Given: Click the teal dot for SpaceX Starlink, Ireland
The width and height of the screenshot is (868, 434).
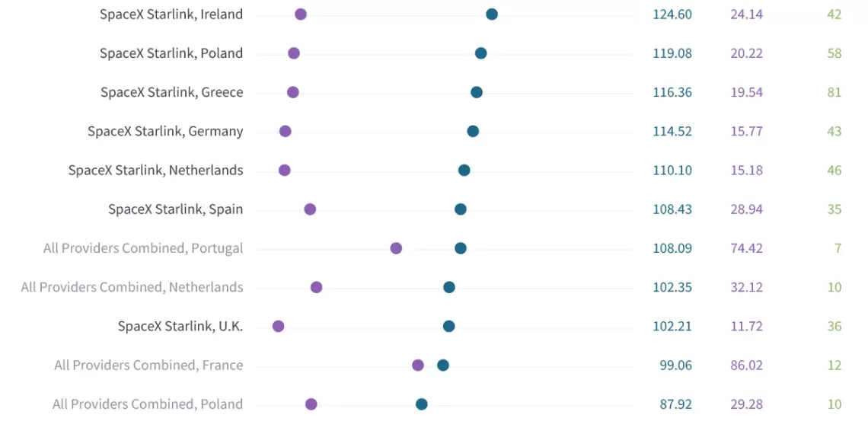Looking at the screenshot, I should pos(492,14).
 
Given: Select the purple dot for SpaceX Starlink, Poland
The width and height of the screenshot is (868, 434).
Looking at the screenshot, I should pos(294,53).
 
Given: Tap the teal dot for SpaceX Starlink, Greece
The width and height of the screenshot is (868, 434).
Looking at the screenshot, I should pos(477,92).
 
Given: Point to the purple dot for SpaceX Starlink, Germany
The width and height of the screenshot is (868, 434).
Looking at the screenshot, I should pos(286,131).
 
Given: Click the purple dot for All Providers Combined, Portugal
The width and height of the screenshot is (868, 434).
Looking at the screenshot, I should pos(396,248).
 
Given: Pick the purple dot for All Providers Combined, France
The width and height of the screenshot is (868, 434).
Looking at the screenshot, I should pos(418,365).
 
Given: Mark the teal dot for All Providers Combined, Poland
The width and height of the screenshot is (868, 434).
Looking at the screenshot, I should pos(422,404).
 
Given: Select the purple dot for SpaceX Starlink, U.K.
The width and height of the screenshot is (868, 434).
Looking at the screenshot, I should pos(279,327).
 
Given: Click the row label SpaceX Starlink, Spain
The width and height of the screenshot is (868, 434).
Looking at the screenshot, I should pos(175,209).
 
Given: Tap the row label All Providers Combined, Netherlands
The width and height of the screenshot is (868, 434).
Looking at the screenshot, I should pos(132,287).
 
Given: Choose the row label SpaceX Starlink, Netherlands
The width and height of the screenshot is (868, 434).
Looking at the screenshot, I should pos(155,171).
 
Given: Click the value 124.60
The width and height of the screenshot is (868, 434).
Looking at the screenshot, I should pos(672,14).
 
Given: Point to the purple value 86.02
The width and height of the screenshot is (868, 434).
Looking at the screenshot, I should pos(746,365).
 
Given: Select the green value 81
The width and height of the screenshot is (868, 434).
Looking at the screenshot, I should pos(834,92).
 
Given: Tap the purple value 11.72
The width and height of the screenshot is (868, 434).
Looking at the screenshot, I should pos(746,327).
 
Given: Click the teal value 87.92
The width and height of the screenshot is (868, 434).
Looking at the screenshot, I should pos(675,404).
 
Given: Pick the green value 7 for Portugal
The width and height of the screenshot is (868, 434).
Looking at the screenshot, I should pos(838,248).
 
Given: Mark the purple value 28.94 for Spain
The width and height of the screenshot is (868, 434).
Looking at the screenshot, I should pos(746,209).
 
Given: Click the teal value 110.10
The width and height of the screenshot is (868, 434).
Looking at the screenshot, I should pos(672,171).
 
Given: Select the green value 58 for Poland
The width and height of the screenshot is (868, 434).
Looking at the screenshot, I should pos(834,53).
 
